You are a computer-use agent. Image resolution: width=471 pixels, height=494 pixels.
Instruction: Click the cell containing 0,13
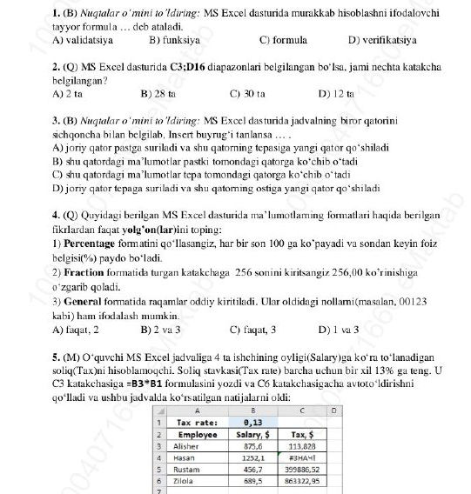click(x=252, y=423)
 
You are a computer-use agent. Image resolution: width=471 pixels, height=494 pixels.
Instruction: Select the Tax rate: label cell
click(x=196, y=423)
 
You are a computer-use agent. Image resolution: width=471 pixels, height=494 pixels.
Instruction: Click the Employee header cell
click(x=196, y=434)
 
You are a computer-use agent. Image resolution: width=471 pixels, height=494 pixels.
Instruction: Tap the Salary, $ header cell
click(x=252, y=434)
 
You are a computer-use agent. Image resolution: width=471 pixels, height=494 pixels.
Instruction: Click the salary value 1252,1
click(x=252, y=457)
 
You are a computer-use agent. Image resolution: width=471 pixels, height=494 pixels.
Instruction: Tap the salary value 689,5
click(x=252, y=479)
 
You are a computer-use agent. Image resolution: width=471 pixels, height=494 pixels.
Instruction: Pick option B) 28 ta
click(x=158, y=91)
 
